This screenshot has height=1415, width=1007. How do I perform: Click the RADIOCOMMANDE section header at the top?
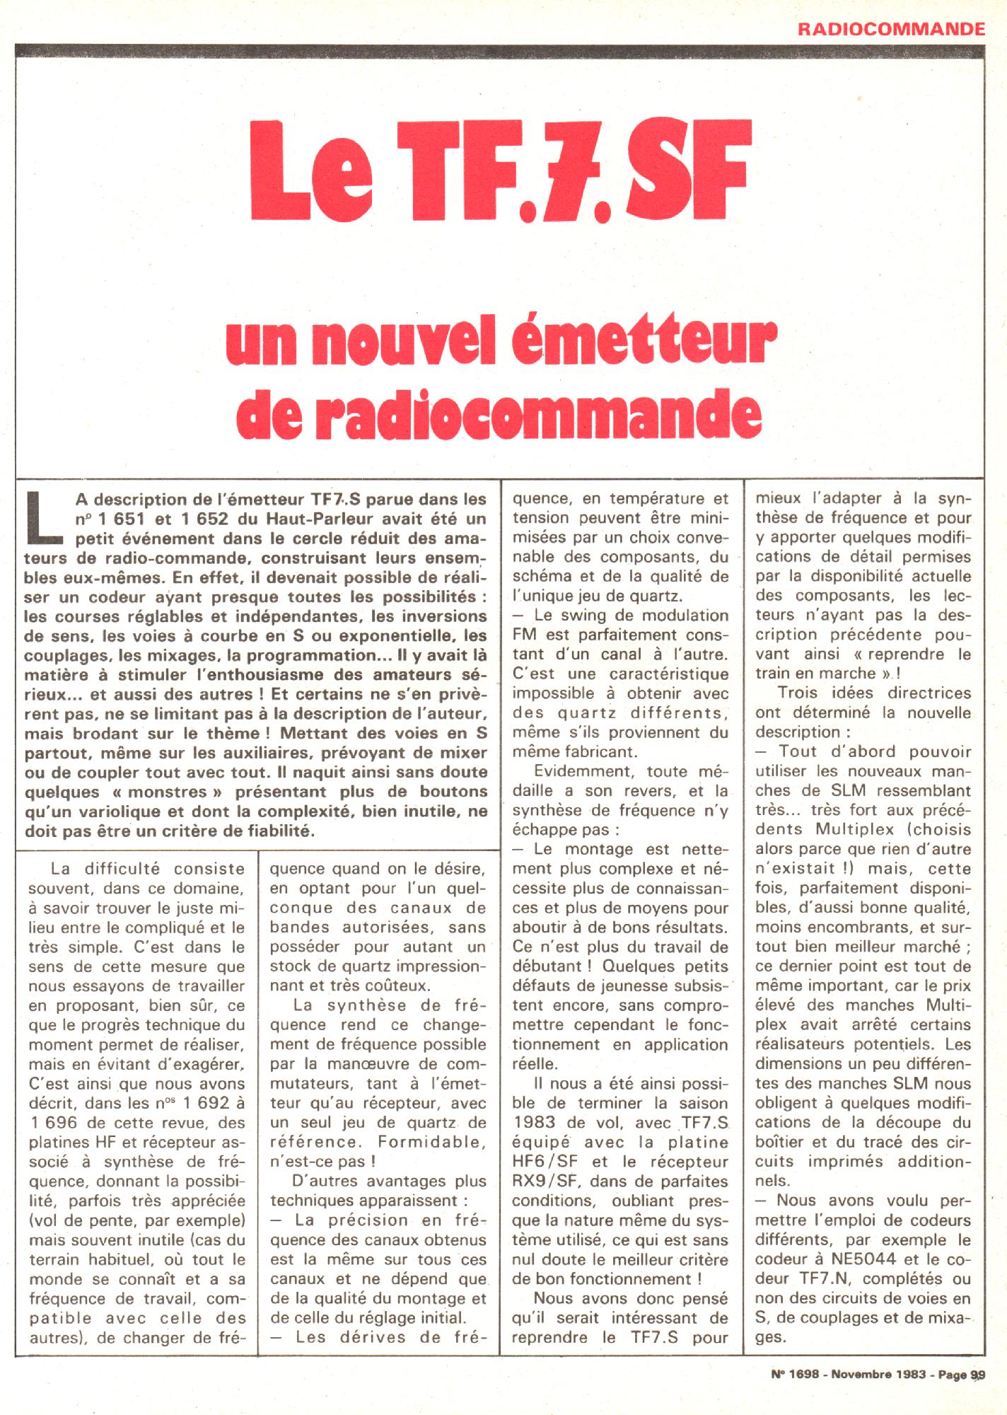pyautogui.click(x=892, y=28)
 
